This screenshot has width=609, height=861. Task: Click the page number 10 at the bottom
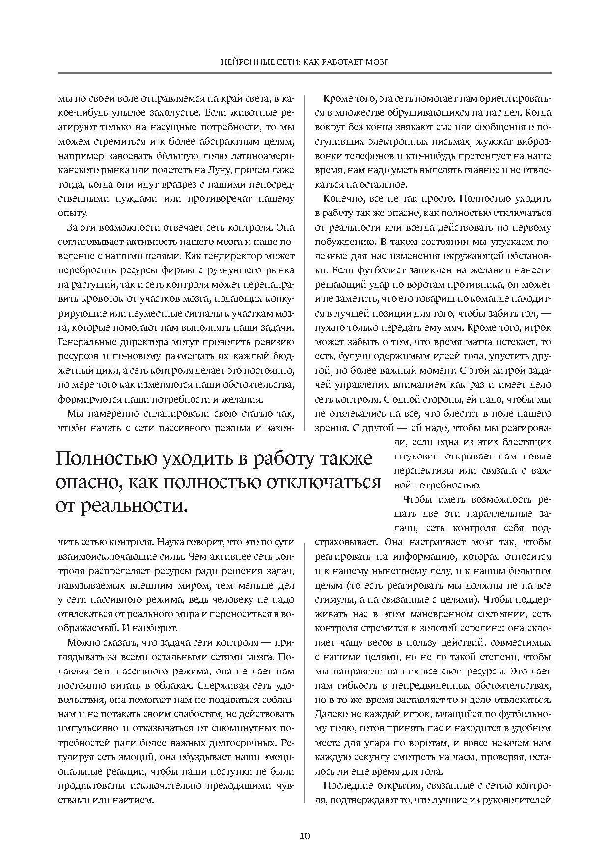(x=304, y=836)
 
